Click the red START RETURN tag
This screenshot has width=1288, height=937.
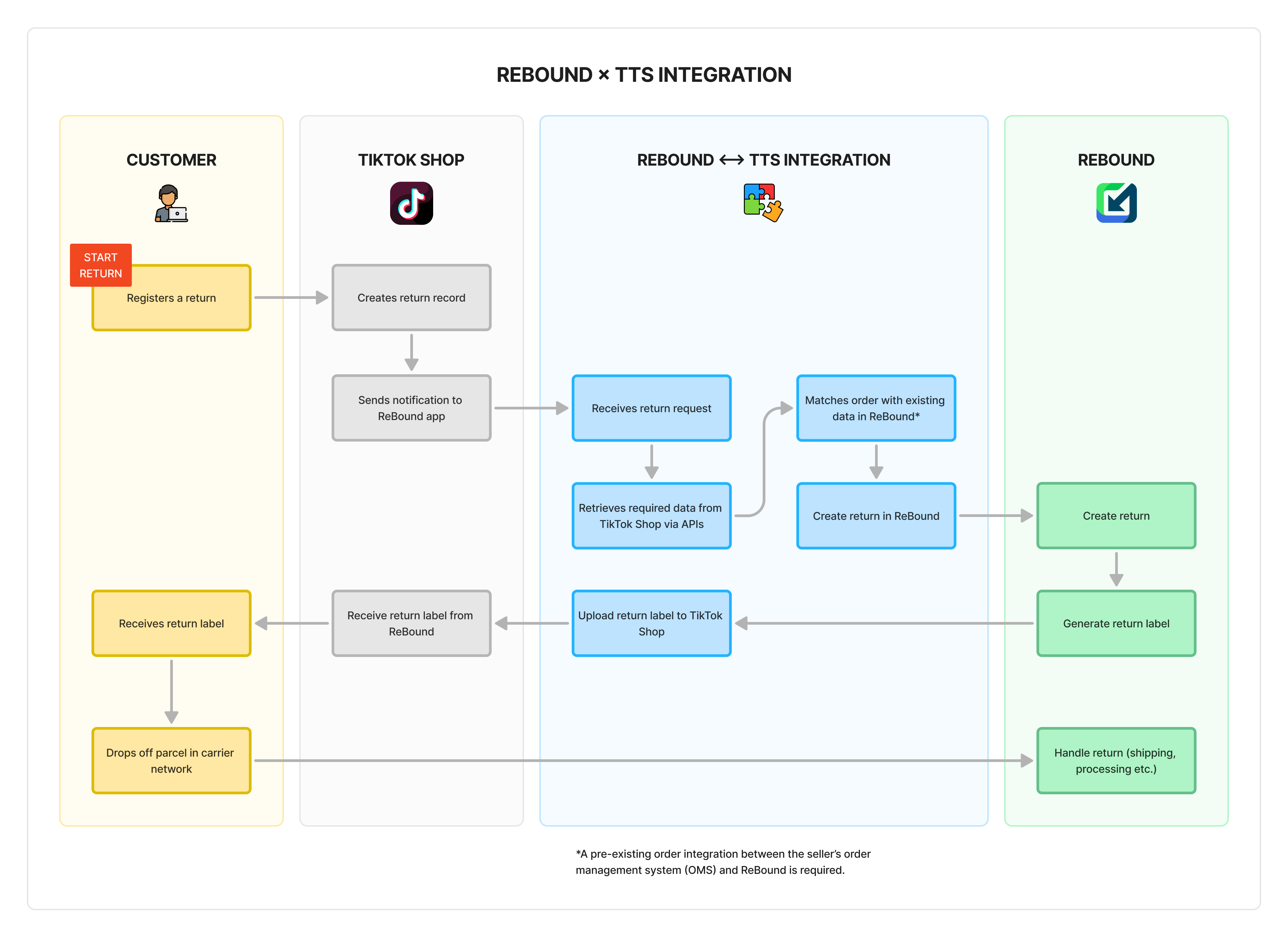101,265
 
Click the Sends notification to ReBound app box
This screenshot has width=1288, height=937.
411,408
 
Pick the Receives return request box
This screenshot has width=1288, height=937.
651,408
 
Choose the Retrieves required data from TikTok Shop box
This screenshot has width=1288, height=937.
651,516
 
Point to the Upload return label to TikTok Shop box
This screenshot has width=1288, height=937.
651,623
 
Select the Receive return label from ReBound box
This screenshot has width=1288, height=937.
411,623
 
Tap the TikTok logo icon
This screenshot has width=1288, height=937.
411,203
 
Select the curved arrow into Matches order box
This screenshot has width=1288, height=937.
764,461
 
